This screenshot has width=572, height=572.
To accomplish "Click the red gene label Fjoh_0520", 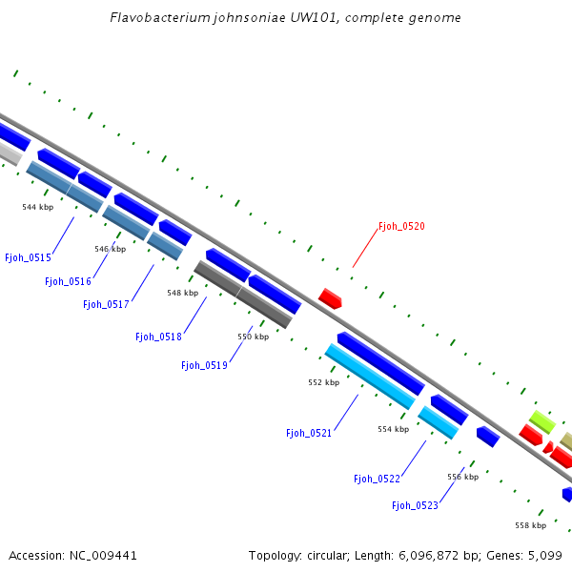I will click(x=401, y=227).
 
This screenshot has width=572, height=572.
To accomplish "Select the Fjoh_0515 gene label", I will click(x=28, y=257).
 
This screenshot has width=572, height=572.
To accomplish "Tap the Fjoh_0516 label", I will click(x=68, y=281).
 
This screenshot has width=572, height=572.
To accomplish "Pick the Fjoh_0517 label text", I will click(x=106, y=304).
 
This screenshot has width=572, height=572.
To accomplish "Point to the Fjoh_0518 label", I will click(x=158, y=337).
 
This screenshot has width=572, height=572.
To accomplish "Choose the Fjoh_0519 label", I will click(x=204, y=365).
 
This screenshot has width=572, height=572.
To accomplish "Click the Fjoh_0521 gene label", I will click(x=309, y=433).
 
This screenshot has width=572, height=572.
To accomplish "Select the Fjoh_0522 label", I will click(x=377, y=479).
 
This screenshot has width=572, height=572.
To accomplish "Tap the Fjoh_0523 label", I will click(x=415, y=505).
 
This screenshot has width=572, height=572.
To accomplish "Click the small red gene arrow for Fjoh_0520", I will click(x=330, y=298).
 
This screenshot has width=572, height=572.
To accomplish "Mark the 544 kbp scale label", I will click(x=37, y=207).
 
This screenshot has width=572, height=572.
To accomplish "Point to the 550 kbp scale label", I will click(x=253, y=337).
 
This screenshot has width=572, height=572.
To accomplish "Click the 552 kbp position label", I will click(x=323, y=382).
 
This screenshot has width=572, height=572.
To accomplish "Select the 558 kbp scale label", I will click(x=530, y=525).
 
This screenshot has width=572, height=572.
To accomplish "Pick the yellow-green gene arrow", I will click(x=541, y=420).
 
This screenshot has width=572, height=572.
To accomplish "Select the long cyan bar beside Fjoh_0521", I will click(x=370, y=377).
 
